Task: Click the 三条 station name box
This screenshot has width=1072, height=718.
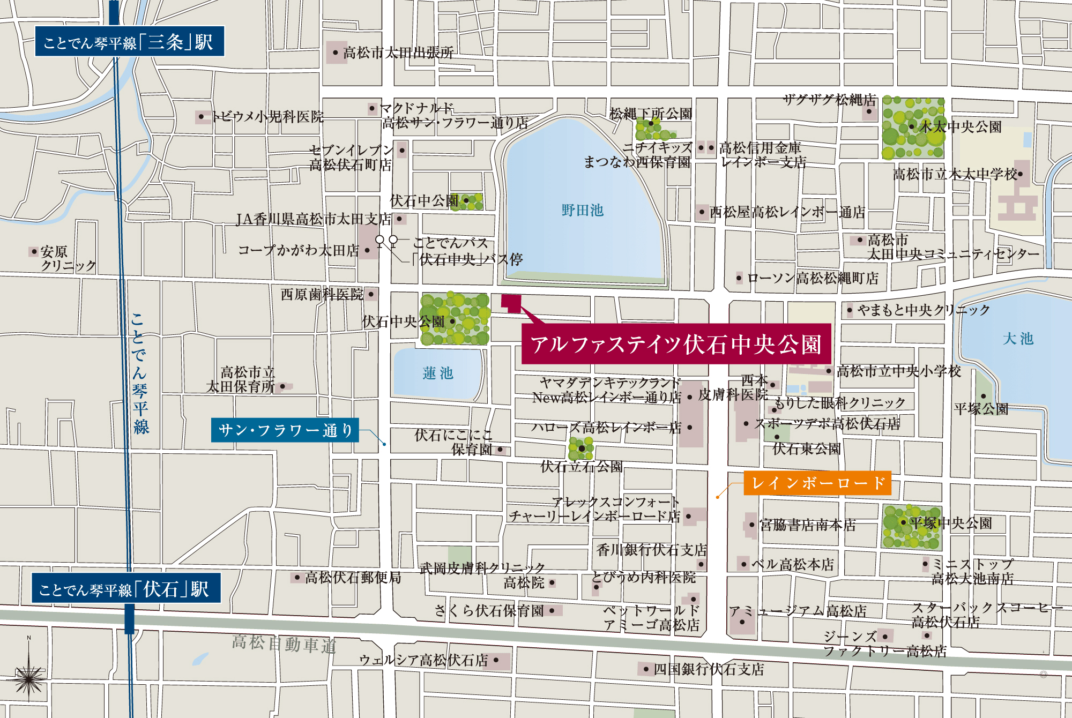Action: [x=129, y=41]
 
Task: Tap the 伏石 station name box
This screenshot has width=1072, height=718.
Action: [x=126, y=589]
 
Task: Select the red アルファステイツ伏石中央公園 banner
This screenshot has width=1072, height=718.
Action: [x=676, y=344]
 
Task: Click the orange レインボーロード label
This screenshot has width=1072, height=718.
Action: [x=817, y=483]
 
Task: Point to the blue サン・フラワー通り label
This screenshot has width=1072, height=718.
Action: [x=285, y=430]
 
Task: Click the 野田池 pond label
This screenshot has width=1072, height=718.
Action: [x=582, y=210]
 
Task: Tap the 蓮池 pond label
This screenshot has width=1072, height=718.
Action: [x=437, y=373]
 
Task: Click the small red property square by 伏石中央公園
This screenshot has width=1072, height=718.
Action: [x=511, y=303]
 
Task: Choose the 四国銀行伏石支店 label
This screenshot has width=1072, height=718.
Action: [x=708, y=669]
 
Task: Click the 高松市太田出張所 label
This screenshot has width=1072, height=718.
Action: [x=398, y=52]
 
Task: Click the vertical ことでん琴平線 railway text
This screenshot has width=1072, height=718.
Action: [x=140, y=373]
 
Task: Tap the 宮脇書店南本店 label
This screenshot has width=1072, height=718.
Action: [x=807, y=525]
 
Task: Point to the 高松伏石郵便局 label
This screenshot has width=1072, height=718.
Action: [x=352, y=577]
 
